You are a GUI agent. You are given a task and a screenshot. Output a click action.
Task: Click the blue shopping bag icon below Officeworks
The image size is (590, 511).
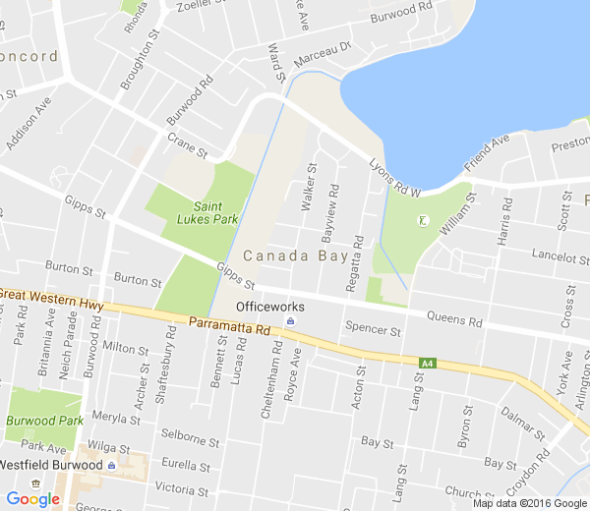pyautogui.click(x=290, y=321)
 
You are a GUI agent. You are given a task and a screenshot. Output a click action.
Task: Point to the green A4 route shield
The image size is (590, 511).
pyautogui.click(x=427, y=364)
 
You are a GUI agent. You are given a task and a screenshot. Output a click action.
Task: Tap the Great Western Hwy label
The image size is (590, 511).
pyautogui.click(x=52, y=298)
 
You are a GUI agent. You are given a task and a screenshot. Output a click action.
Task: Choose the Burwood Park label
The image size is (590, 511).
pyautogui.click(x=42, y=419)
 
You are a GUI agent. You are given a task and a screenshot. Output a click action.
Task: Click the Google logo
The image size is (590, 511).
pyautogui.click(x=32, y=499)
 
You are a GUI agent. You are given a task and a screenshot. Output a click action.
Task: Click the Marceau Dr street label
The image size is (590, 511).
pyautogui.click(x=322, y=52)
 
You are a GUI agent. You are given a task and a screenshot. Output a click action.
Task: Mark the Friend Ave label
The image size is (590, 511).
pyautogui.click(x=488, y=151)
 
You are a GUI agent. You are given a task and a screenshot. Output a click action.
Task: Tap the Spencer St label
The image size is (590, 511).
pyautogui.click(x=374, y=331)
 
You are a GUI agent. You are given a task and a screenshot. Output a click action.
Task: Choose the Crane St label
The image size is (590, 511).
pyautogui.click(x=187, y=145)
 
